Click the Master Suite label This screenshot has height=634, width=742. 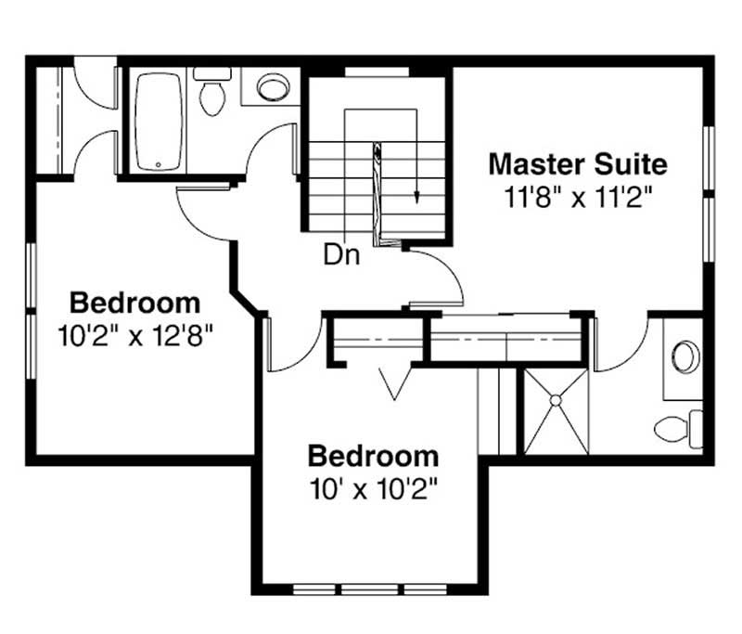[x=577, y=164]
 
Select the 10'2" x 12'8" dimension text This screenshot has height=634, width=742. [x=135, y=335]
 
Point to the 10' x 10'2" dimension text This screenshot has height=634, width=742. [x=373, y=488]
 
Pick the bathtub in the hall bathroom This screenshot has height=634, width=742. [x=159, y=121]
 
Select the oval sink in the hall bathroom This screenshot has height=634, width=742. [x=272, y=88]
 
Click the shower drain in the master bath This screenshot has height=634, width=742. [x=556, y=400]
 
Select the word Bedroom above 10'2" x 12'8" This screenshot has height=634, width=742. [x=135, y=303]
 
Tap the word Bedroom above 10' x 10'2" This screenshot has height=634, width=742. [x=373, y=456]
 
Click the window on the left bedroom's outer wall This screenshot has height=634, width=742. [x=31, y=311]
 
